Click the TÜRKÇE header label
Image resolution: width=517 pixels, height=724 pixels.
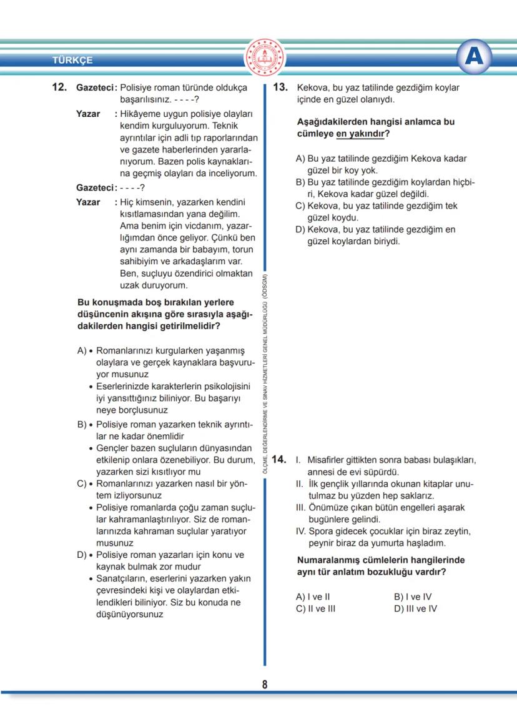click(x=72, y=61)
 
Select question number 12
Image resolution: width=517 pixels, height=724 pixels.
click(x=59, y=87)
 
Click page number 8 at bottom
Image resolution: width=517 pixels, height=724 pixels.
click(x=265, y=685)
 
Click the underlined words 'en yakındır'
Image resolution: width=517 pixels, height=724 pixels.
click(x=358, y=134)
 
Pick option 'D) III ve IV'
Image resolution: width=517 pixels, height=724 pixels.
click(x=415, y=608)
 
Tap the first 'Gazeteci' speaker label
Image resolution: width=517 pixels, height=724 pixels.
click(x=96, y=87)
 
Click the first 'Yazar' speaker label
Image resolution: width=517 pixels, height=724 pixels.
click(x=88, y=114)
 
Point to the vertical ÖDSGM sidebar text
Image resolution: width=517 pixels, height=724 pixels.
click(x=265, y=375)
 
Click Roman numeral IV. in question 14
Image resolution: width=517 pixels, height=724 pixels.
click(x=300, y=531)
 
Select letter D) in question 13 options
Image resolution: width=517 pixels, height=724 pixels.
click(x=300, y=229)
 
